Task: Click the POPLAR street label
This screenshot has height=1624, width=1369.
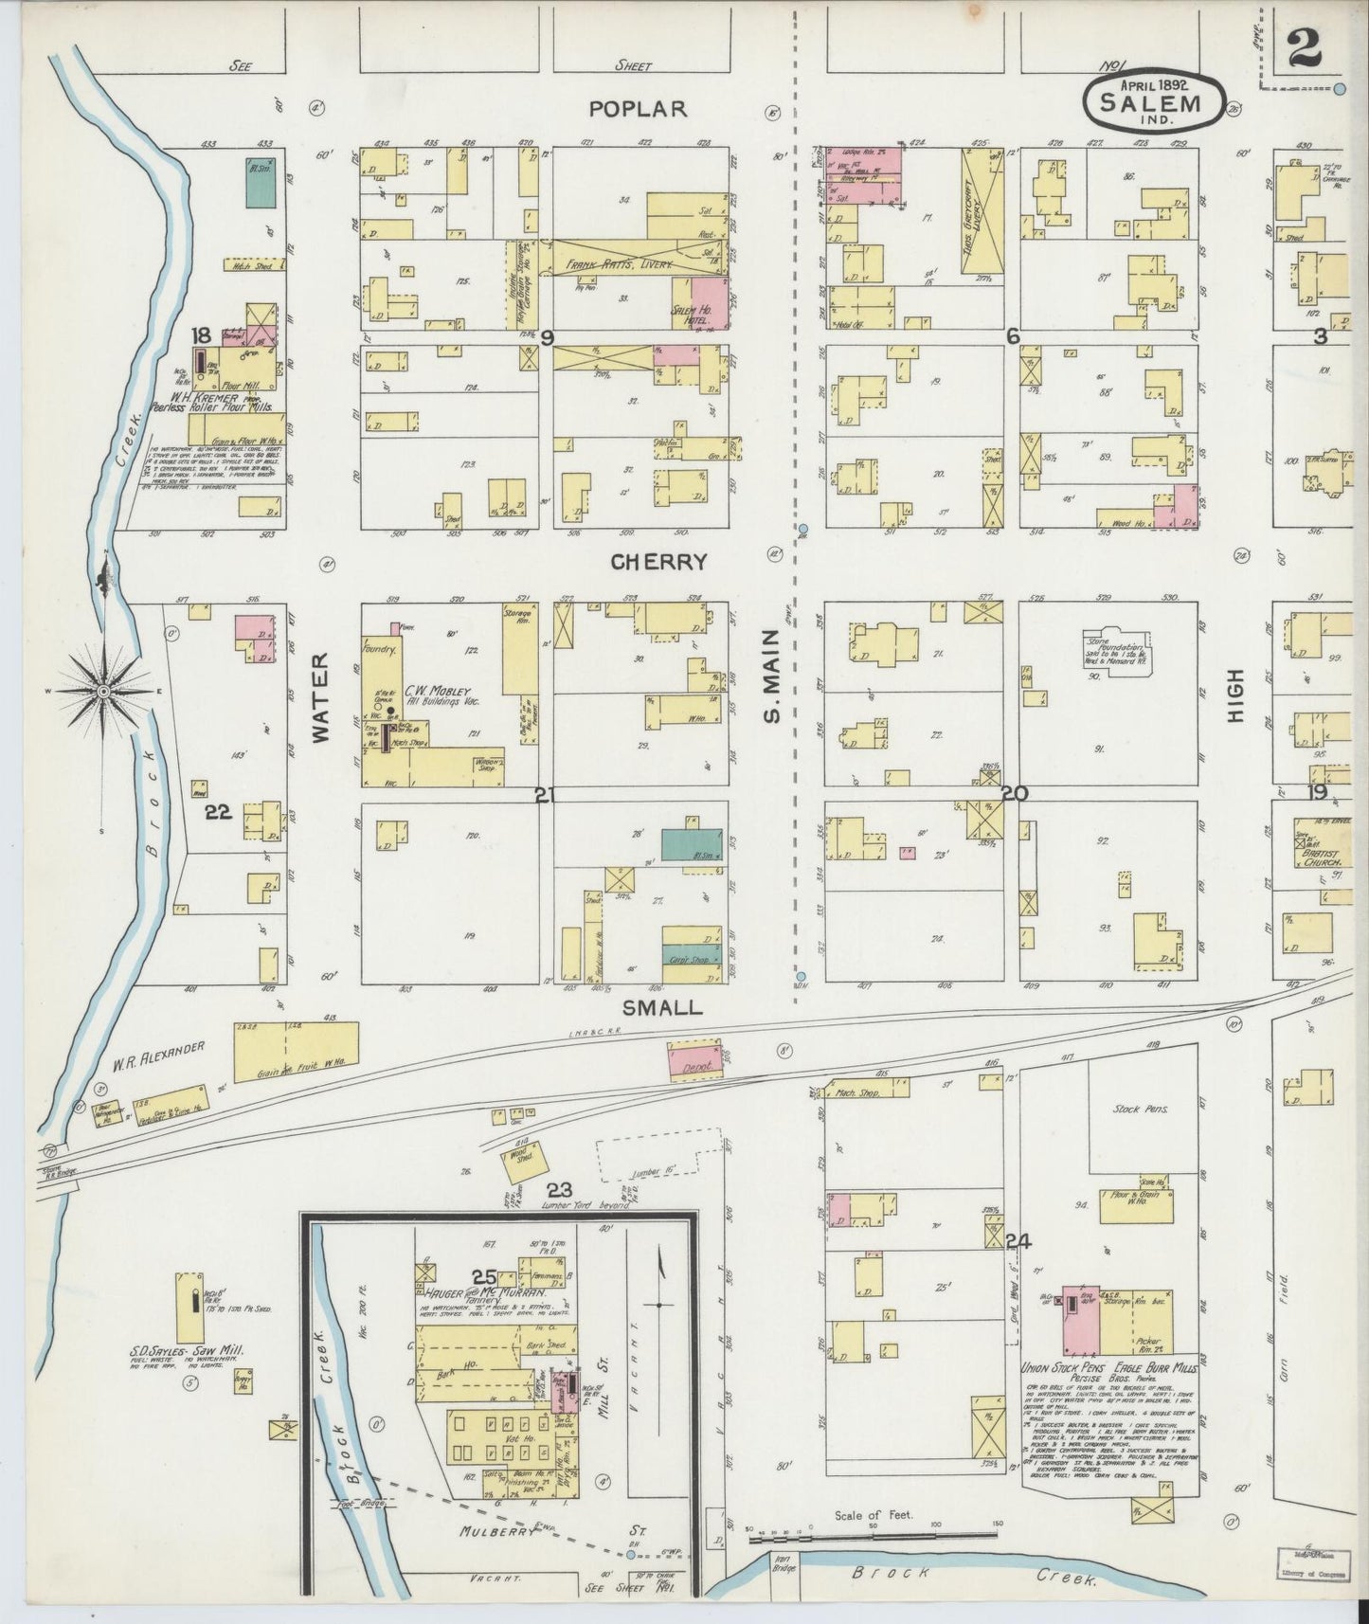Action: [637, 109]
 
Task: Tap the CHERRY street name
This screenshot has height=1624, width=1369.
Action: [659, 562]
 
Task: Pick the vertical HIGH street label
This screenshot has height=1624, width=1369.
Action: [1235, 696]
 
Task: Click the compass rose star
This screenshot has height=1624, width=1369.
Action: [102, 693]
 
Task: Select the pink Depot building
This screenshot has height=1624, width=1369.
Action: [696, 1059]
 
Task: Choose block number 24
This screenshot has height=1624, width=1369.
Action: [1018, 1242]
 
